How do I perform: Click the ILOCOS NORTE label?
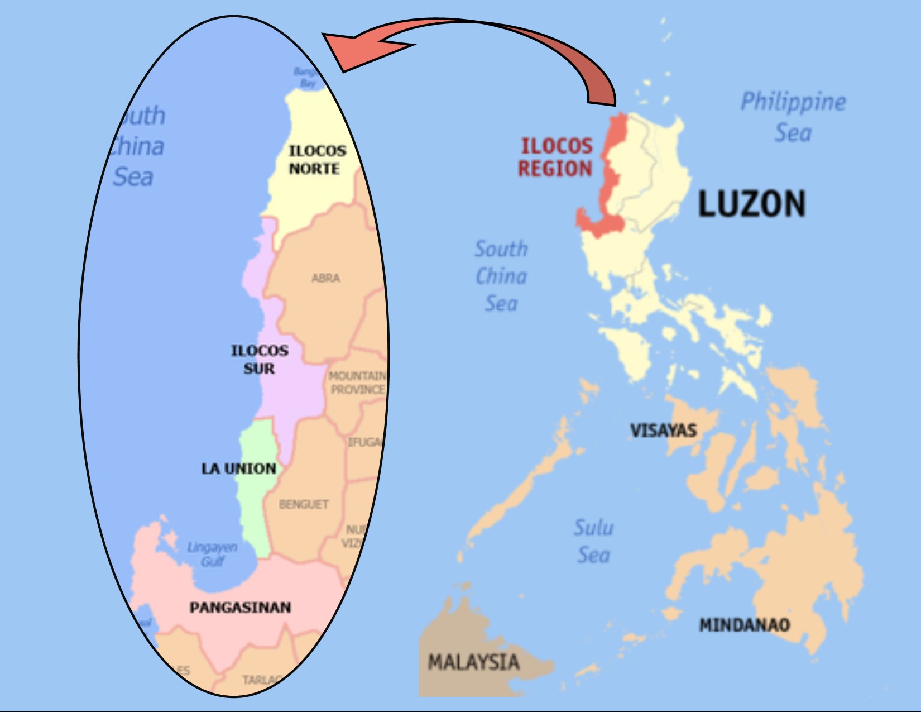[x=316, y=160]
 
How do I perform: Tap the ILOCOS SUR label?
[x=260, y=360]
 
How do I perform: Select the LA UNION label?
[x=239, y=469]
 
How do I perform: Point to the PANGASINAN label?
[x=240, y=608]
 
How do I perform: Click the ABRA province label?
[x=326, y=278]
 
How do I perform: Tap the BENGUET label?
[x=304, y=504]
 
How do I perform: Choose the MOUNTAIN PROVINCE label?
[x=357, y=383]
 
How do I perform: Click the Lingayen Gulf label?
[x=212, y=554]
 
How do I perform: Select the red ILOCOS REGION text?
[x=555, y=157]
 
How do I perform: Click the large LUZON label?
[x=752, y=204]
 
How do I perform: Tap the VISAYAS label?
[x=663, y=431]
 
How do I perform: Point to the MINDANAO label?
[x=745, y=624]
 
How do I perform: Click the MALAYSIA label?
[x=473, y=662]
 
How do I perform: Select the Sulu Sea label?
[x=593, y=541]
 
